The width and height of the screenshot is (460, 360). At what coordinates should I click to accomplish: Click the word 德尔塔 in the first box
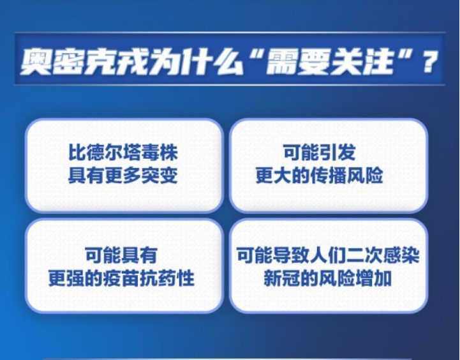pos(115,153)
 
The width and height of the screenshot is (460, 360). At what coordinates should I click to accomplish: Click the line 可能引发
pos(328,153)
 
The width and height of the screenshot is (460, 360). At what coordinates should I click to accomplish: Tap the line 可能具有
pos(123,255)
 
